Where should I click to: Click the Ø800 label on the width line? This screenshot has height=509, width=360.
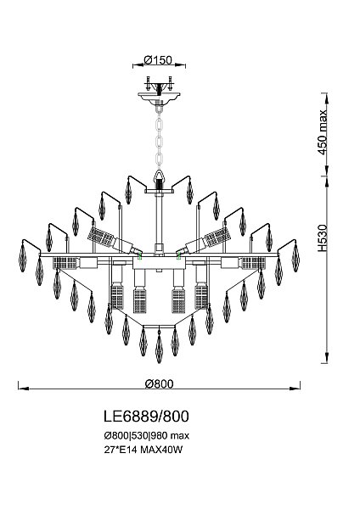[159, 383]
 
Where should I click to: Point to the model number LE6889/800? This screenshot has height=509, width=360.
[144, 417]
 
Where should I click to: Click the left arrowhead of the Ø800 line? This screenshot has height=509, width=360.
[22, 390]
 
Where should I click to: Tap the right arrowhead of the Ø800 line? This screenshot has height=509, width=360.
[296, 390]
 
